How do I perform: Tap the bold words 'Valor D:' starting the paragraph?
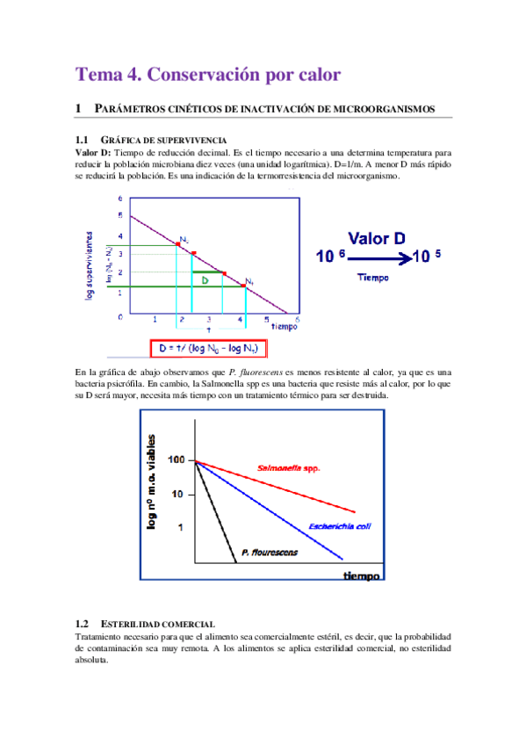tap(94, 152)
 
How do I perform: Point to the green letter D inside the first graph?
tap(204, 280)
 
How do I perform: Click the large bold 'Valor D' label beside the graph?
tap(376, 238)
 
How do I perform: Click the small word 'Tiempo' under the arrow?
tap(374, 276)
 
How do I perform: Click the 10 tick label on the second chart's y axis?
tap(177, 495)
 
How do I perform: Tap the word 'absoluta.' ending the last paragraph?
tap(91, 661)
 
